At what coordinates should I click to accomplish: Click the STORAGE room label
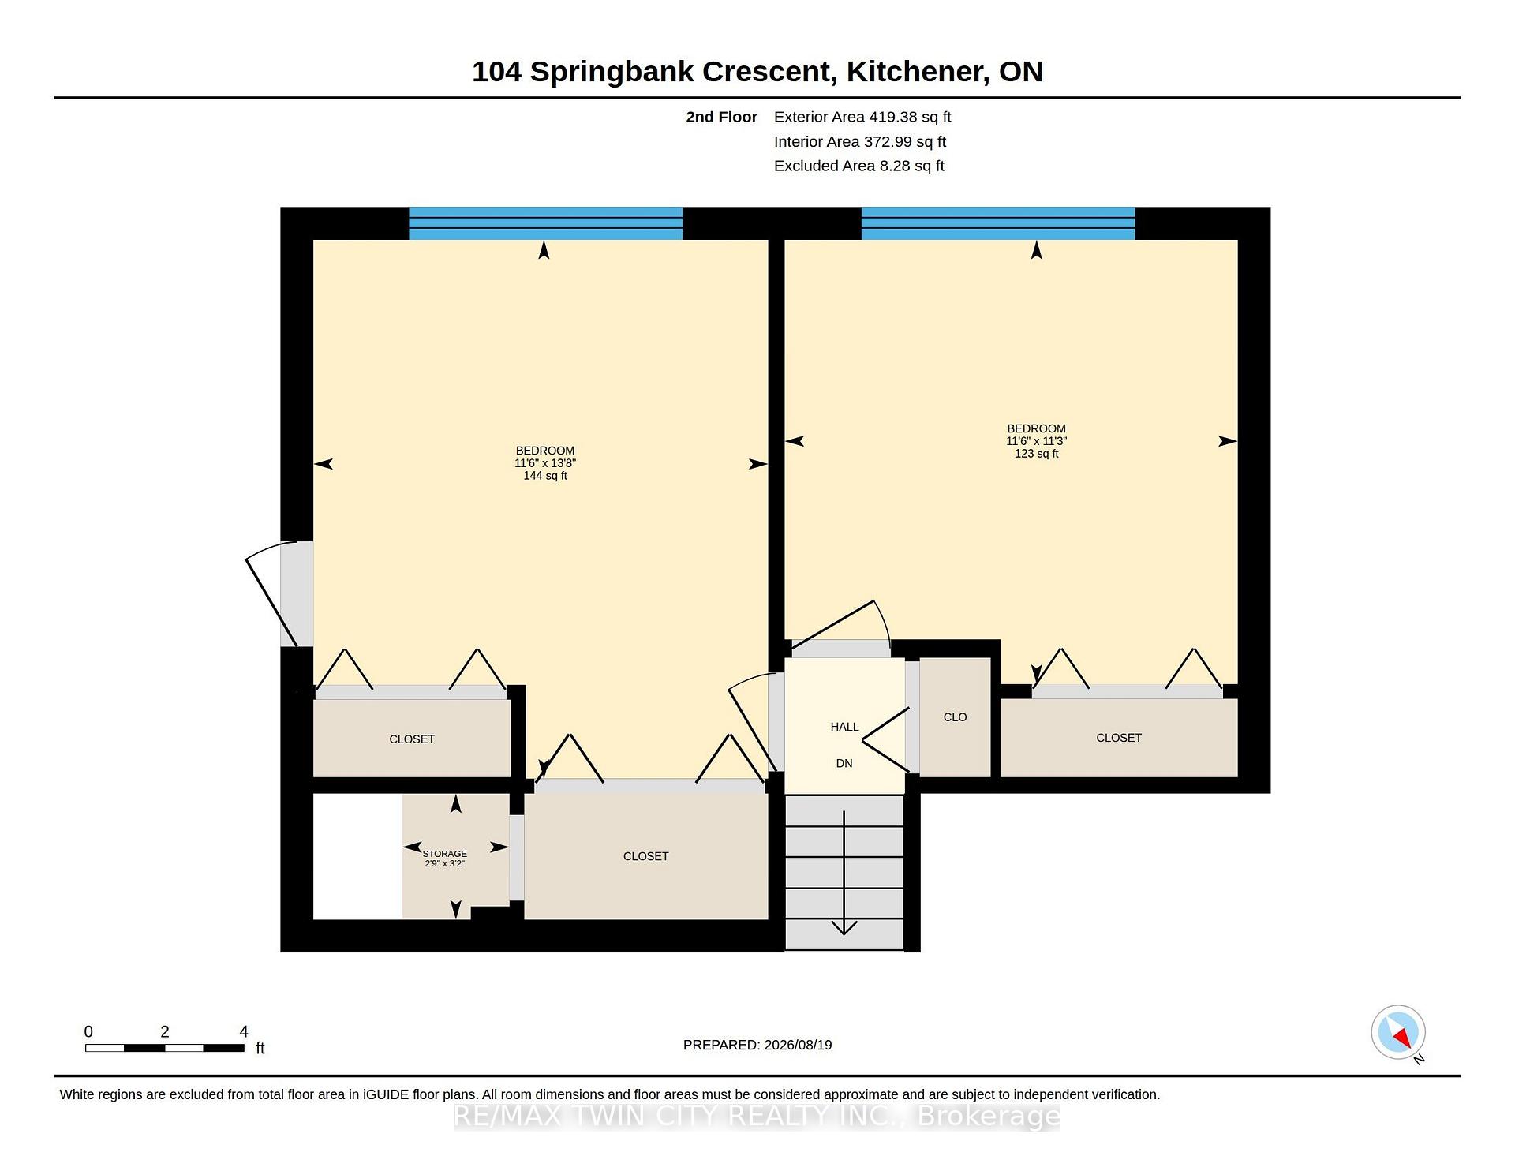click(445, 854)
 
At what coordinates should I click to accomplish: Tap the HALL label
click(844, 727)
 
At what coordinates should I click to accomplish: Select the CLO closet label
click(955, 717)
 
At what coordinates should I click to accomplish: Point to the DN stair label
click(844, 764)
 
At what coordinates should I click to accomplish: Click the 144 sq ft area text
click(545, 476)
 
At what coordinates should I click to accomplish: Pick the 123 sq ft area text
click(1036, 454)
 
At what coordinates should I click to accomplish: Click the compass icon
click(1398, 1032)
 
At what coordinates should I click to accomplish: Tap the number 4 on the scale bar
click(244, 1031)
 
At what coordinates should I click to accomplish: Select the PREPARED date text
click(757, 1045)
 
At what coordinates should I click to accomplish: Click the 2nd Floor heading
click(721, 117)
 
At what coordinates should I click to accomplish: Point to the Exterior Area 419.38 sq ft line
click(862, 117)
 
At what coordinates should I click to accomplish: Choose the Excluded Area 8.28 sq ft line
click(859, 166)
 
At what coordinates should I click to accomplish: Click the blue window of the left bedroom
click(545, 223)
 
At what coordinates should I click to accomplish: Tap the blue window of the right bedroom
click(998, 223)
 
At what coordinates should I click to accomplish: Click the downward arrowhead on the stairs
click(844, 928)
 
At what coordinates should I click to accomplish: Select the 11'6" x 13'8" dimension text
click(545, 463)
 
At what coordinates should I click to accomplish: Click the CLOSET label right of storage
click(645, 856)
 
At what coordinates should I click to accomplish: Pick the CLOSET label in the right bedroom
click(1119, 738)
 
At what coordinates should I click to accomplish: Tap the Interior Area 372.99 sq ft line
click(860, 141)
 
